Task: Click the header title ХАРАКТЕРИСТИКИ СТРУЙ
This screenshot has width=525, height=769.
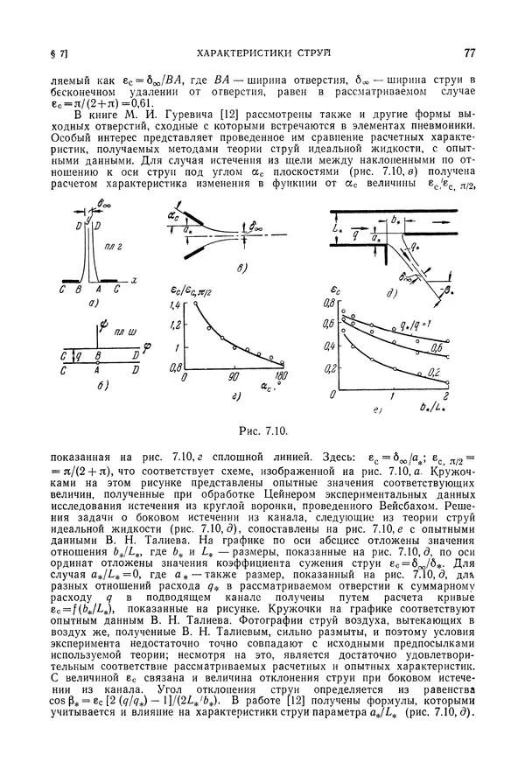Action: tap(260, 53)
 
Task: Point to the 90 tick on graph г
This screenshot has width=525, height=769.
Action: tap(234, 376)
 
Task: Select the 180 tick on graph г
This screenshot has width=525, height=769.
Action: tap(282, 376)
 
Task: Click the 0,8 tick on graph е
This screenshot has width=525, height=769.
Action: tap(331, 302)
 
